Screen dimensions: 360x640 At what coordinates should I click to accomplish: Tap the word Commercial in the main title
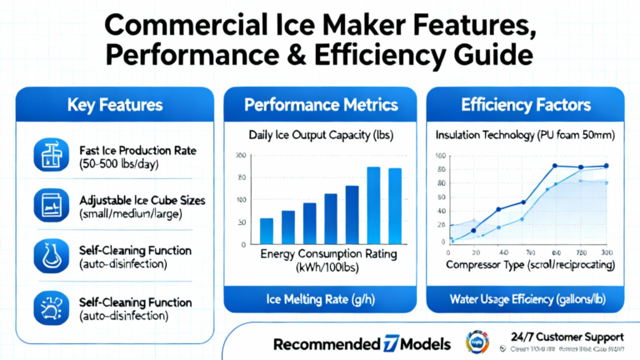pyautogui.click(x=179, y=22)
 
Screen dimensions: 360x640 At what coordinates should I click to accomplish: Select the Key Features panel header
pyautogui.click(x=115, y=106)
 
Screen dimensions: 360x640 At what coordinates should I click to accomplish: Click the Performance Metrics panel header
pyautogui.click(x=319, y=106)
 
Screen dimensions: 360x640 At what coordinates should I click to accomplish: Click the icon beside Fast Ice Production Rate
pyautogui.click(x=47, y=156)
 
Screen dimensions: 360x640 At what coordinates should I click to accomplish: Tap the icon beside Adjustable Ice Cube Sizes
pyautogui.click(x=47, y=204)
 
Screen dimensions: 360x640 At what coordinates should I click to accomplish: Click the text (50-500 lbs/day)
pyautogui.click(x=119, y=165)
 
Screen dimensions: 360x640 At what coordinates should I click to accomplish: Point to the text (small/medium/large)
pyautogui.click(x=131, y=214)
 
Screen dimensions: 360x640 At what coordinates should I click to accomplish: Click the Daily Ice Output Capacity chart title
pyautogui.click(x=319, y=135)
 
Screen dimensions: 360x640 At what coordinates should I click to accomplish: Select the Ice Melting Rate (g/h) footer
pyautogui.click(x=320, y=298)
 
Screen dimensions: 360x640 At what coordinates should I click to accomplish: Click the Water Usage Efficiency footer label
pyautogui.click(x=526, y=298)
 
